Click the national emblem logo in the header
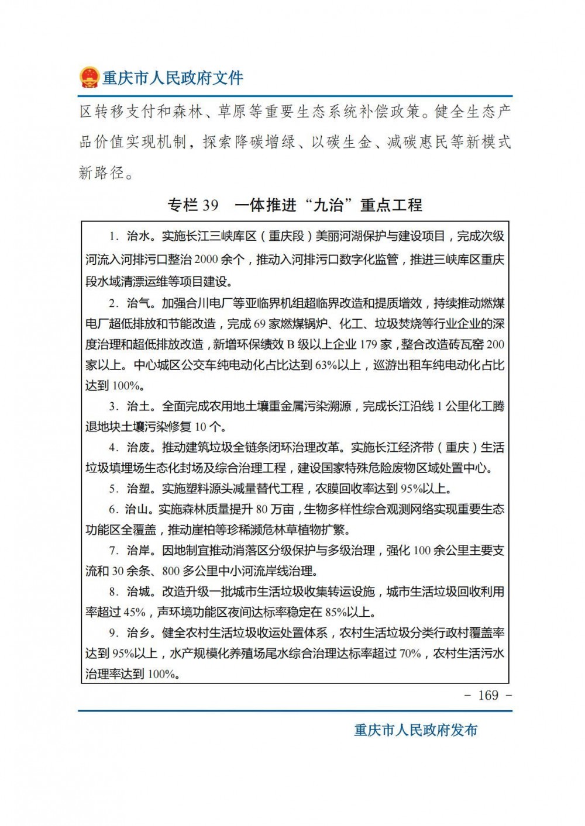click(89, 77)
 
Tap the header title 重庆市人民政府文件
click(173, 78)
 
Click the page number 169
click(488, 695)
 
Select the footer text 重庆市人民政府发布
click(415, 730)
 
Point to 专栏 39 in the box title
click(193, 205)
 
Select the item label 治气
click(139, 303)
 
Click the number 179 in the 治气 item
click(368, 344)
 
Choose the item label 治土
click(139, 406)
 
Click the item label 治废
click(139, 448)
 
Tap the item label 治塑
click(139, 489)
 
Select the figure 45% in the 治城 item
click(135, 612)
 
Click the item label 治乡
click(139, 633)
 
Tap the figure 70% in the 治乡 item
click(410, 654)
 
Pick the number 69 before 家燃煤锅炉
click(260, 324)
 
